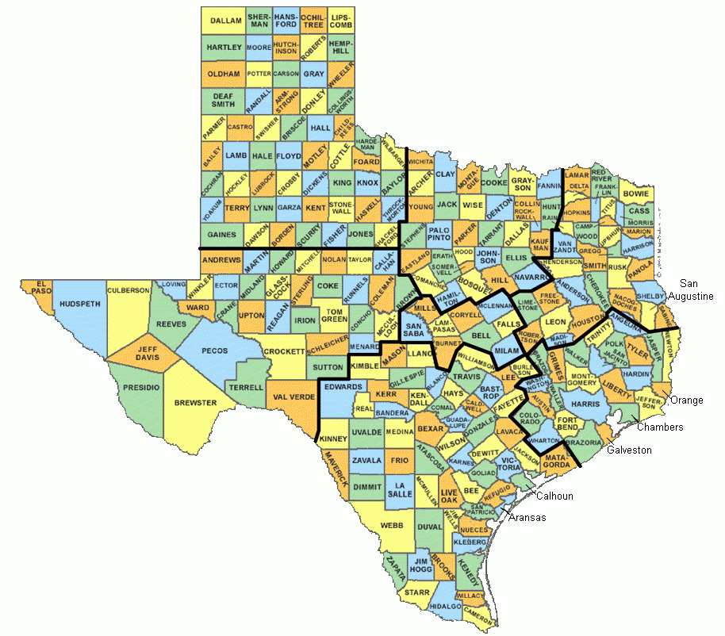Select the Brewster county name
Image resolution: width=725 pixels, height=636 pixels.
(195, 403)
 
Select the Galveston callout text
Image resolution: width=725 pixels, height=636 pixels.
(629, 450)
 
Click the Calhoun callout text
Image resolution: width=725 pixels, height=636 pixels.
(555, 496)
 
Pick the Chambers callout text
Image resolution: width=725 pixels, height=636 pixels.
(660, 427)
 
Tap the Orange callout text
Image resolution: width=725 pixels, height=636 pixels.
(686, 400)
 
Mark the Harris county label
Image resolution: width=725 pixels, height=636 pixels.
(585, 404)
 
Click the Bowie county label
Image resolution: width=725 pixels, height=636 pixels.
(635, 193)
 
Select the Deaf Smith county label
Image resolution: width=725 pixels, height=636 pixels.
(223, 99)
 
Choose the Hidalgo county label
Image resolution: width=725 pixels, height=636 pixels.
(444, 606)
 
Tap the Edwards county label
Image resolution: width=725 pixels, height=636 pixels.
(343, 386)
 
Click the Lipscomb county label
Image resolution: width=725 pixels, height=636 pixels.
(340, 21)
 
